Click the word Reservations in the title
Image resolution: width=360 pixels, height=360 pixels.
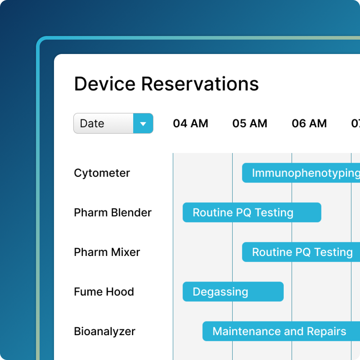click(200, 84)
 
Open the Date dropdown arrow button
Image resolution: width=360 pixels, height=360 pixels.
click(143, 123)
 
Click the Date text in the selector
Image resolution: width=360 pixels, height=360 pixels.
click(92, 123)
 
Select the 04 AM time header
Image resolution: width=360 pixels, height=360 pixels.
click(190, 123)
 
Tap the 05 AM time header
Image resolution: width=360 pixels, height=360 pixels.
click(250, 123)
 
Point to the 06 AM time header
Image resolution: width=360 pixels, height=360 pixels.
click(309, 123)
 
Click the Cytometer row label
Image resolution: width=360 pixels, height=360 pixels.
click(102, 173)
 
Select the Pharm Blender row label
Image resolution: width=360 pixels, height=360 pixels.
click(113, 213)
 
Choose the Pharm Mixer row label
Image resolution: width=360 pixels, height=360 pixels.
click(107, 252)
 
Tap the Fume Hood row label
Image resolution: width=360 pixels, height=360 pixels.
click(104, 292)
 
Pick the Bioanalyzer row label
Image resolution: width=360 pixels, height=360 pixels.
click(104, 332)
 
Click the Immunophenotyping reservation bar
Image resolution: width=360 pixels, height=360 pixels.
click(301, 173)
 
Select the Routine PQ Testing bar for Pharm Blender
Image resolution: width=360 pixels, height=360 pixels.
click(252, 212)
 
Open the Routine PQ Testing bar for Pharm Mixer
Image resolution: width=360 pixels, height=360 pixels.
click(301, 252)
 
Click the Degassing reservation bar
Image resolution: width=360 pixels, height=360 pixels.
click(233, 292)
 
